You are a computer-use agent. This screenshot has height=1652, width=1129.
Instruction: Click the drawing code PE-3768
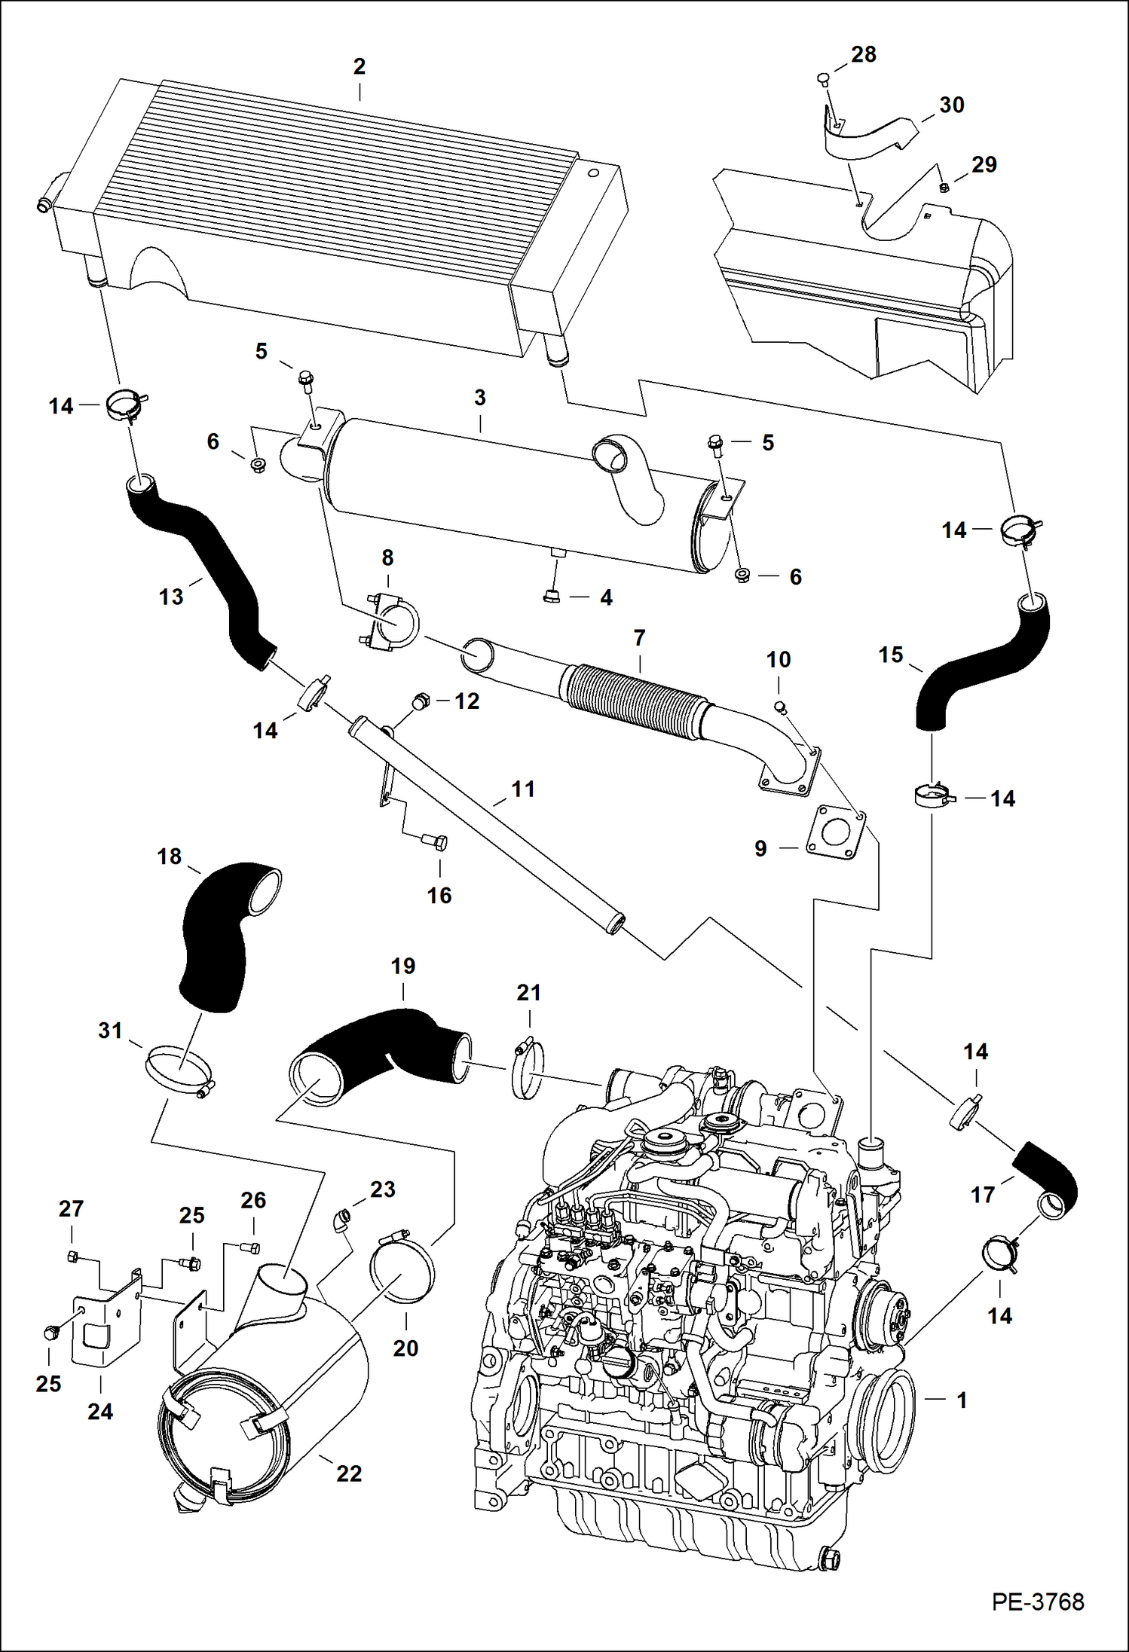point(1037,1601)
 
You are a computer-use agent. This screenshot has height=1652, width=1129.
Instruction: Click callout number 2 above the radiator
point(360,67)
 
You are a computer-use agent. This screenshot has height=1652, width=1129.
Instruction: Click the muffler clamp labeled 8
point(391,622)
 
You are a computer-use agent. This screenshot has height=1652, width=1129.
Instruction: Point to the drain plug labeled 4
point(552,596)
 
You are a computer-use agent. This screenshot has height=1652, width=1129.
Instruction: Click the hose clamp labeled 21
point(529,1070)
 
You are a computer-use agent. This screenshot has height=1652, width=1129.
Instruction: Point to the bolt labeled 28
point(822,78)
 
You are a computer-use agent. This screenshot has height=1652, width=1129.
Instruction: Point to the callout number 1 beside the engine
point(962,1400)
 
